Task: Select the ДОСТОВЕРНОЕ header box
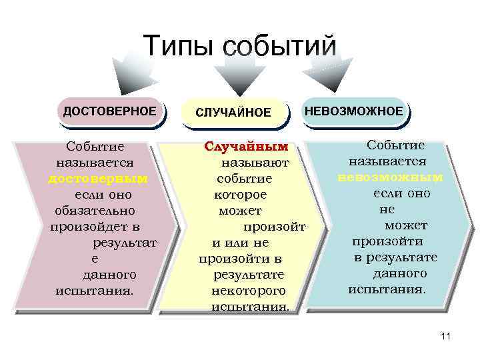(x=109, y=110)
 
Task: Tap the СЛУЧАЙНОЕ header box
(x=233, y=113)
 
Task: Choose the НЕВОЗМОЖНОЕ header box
(x=354, y=110)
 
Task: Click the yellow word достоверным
(x=98, y=179)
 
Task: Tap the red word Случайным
(x=246, y=146)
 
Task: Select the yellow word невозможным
(x=390, y=177)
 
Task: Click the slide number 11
(x=446, y=337)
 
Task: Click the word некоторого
(x=248, y=291)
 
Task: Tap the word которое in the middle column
(x=240, y=195)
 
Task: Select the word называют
(x=255, y=162)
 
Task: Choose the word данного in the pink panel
(x=109, y=275)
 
